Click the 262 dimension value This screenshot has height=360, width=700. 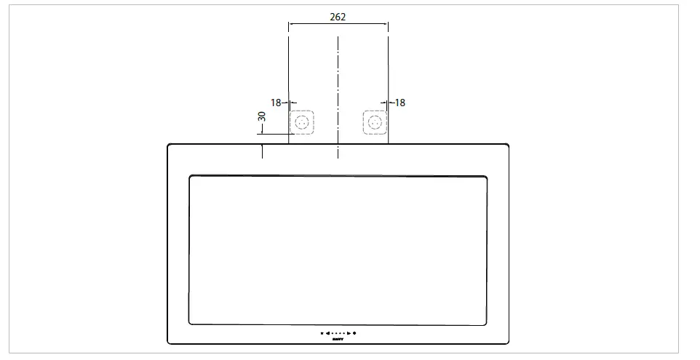(x=338, y=16)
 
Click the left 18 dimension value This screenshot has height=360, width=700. (x=276, y=103)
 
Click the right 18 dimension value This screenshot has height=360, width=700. (x=399, y=103)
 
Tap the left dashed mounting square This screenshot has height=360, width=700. (x=302, y=122)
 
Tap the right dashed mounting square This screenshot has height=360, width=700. (x=374, y=122)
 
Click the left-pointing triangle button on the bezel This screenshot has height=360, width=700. (x=327, y=333)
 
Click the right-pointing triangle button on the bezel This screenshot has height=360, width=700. (x=349, y=333)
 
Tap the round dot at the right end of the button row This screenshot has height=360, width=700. (x=354, y=333)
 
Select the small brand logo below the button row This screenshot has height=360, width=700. (x=338, y=339)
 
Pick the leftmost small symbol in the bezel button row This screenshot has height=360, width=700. (x=322, y=333)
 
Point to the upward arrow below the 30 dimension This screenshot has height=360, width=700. (x=262, y=148)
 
